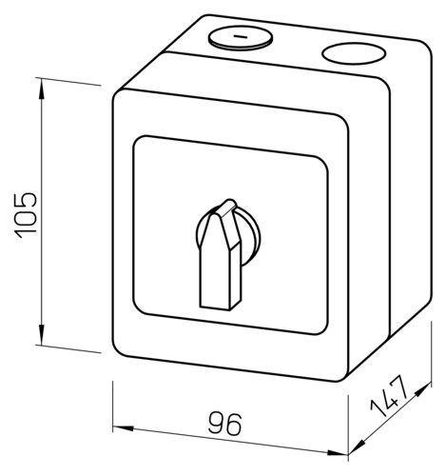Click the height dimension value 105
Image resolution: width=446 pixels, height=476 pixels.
[x=26, y=215]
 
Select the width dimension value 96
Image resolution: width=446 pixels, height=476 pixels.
[x=224, y=424]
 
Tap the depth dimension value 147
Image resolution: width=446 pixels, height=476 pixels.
[x=388, y=395]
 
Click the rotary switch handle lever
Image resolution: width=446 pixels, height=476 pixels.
[x=221, y=254]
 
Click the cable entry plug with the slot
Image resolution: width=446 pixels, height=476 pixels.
[x=241, y=37]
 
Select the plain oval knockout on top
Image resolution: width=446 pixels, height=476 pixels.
[x=354, y=53]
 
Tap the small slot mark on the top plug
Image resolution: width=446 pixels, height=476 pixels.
[x=241, y=36]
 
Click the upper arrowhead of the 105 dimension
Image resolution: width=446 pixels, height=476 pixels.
[x=42, y=89]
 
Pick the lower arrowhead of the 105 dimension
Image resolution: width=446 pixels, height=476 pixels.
[x=42, y=334]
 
